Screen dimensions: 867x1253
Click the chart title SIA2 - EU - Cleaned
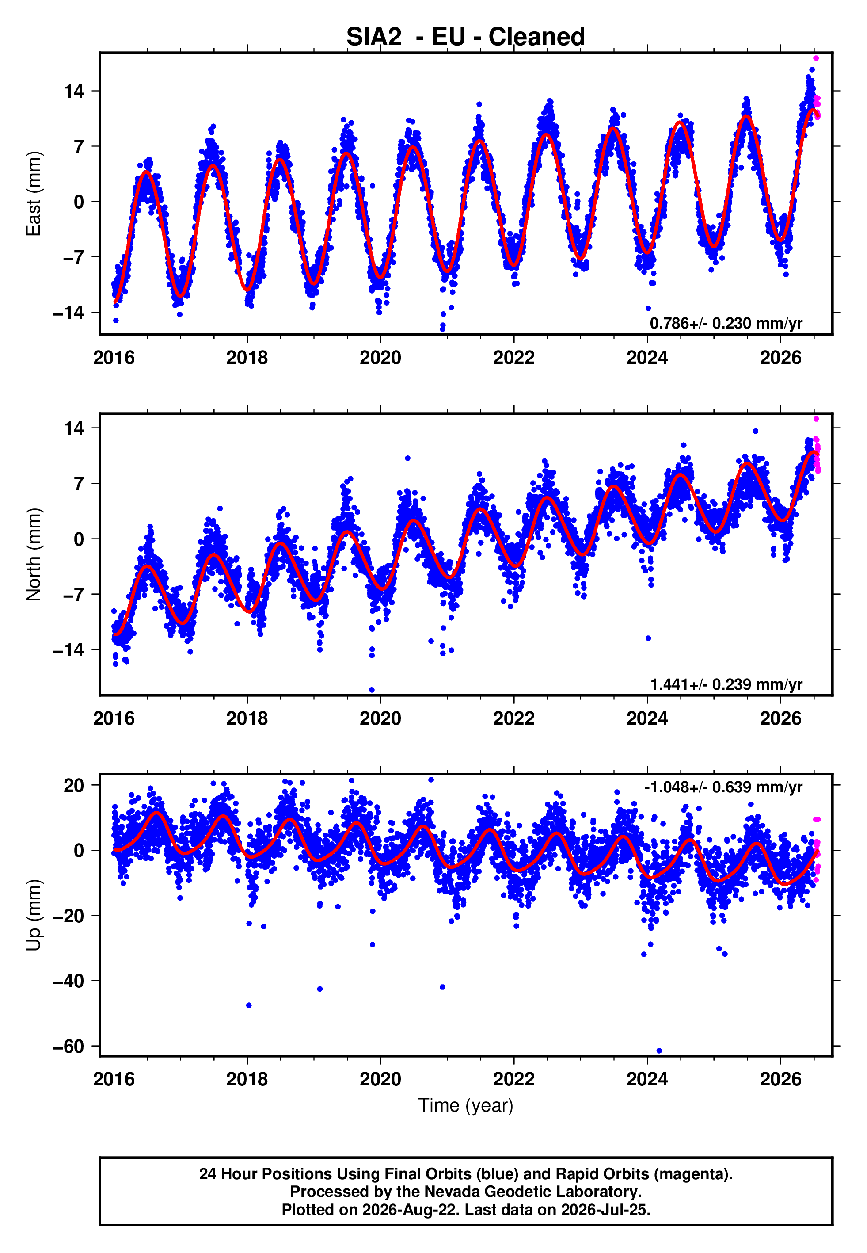[466, 37]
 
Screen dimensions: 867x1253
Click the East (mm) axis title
[34, 194]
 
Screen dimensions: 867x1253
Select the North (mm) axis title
[34, 554]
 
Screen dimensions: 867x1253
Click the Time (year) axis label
[466, 1106]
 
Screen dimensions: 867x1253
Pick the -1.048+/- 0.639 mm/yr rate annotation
[723, 787]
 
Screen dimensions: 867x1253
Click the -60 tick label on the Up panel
[69, 1047]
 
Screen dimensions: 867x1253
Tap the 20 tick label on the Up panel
[74, 785]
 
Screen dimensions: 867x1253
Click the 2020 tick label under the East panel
[380, 358]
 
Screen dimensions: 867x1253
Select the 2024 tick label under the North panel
[647, 718]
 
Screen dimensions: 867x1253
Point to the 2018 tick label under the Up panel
[247, 1079]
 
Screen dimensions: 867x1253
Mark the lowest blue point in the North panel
[372, 690]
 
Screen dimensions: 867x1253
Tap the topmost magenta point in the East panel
[816, 58]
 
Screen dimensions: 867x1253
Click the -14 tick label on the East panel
[69, 313]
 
